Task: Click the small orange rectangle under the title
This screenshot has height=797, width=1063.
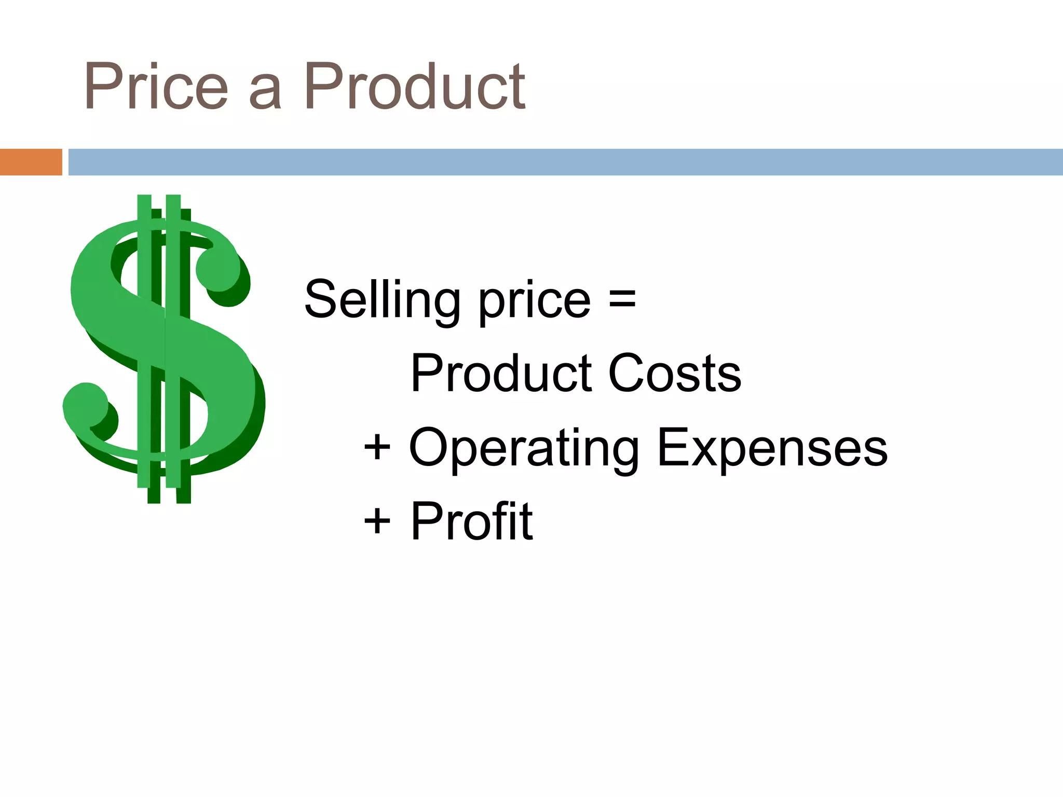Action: click(31, 162)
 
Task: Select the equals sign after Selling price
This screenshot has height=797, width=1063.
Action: click(622, 300)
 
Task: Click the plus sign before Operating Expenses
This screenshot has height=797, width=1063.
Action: click(377, 447)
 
